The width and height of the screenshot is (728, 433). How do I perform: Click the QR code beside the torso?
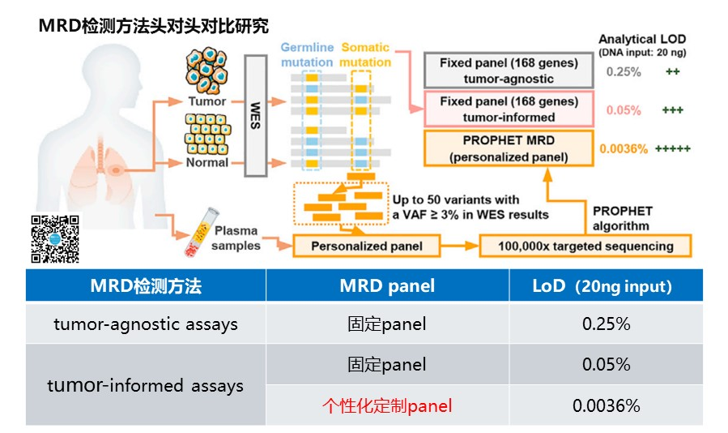55,238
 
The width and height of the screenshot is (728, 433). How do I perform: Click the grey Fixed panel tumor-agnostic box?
509,71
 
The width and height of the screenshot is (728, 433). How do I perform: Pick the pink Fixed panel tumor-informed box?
509,109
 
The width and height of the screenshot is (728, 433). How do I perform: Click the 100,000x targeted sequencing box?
586,246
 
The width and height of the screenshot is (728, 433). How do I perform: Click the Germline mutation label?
307,54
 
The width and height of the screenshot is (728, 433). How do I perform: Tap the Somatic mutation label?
364,54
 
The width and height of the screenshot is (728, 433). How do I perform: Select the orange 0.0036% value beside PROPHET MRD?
624,149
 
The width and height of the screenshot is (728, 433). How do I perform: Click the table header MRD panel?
387,285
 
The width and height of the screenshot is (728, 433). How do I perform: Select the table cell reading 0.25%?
606,324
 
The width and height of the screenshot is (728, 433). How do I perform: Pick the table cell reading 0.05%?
606,365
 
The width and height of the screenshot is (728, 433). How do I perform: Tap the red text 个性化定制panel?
387,405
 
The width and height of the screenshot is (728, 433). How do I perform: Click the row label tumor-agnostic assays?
146,324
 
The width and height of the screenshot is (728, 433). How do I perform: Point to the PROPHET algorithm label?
620,219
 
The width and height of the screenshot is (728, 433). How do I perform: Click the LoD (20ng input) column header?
606,285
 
